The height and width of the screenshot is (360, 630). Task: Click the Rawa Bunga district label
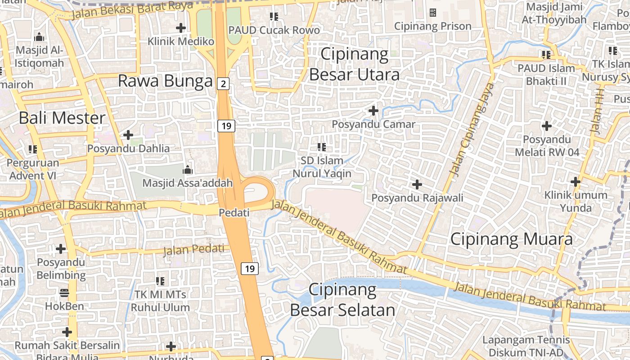165,81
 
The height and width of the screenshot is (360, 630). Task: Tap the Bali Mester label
62,118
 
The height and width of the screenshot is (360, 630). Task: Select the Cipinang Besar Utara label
355,64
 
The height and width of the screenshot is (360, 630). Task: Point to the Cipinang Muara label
512,239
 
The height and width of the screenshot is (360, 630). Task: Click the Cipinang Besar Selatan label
342,300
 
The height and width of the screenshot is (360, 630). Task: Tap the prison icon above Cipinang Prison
433,13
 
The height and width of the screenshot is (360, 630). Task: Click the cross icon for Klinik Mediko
181,28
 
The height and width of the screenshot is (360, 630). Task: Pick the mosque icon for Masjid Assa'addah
187,170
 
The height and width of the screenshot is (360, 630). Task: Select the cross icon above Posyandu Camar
373,110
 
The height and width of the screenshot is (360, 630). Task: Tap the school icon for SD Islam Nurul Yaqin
321,147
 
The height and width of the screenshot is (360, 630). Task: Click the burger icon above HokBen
64,293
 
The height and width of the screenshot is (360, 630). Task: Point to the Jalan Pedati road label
193,249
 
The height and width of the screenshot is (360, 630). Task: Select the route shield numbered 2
223,83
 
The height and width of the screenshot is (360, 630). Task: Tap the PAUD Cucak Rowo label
274,30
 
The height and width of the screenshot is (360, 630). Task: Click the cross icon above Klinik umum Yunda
575,182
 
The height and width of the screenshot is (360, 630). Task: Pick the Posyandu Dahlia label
129,148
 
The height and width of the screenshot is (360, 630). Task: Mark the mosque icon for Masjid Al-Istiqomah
40,37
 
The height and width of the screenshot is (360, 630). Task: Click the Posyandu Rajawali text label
417,198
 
